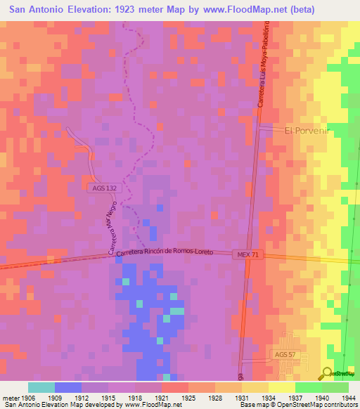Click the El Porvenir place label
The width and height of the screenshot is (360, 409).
[307, 130]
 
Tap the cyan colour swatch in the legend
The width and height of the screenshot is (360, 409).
[41, 387]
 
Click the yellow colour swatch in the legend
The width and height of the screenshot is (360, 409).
[281, 387]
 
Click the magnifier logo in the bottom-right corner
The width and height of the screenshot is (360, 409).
[328, 374]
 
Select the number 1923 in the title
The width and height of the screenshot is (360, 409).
[134, 10]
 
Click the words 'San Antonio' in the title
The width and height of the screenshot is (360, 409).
[38, 10]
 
